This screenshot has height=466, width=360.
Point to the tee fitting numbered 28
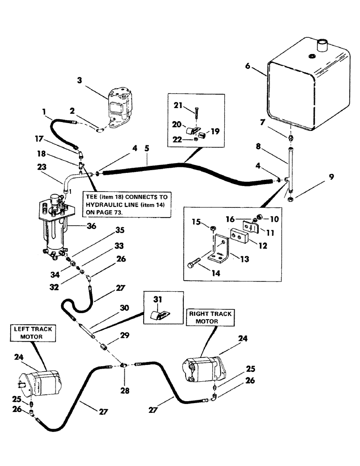tap(124, 366)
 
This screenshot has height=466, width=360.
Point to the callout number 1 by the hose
tap(44, 112)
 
